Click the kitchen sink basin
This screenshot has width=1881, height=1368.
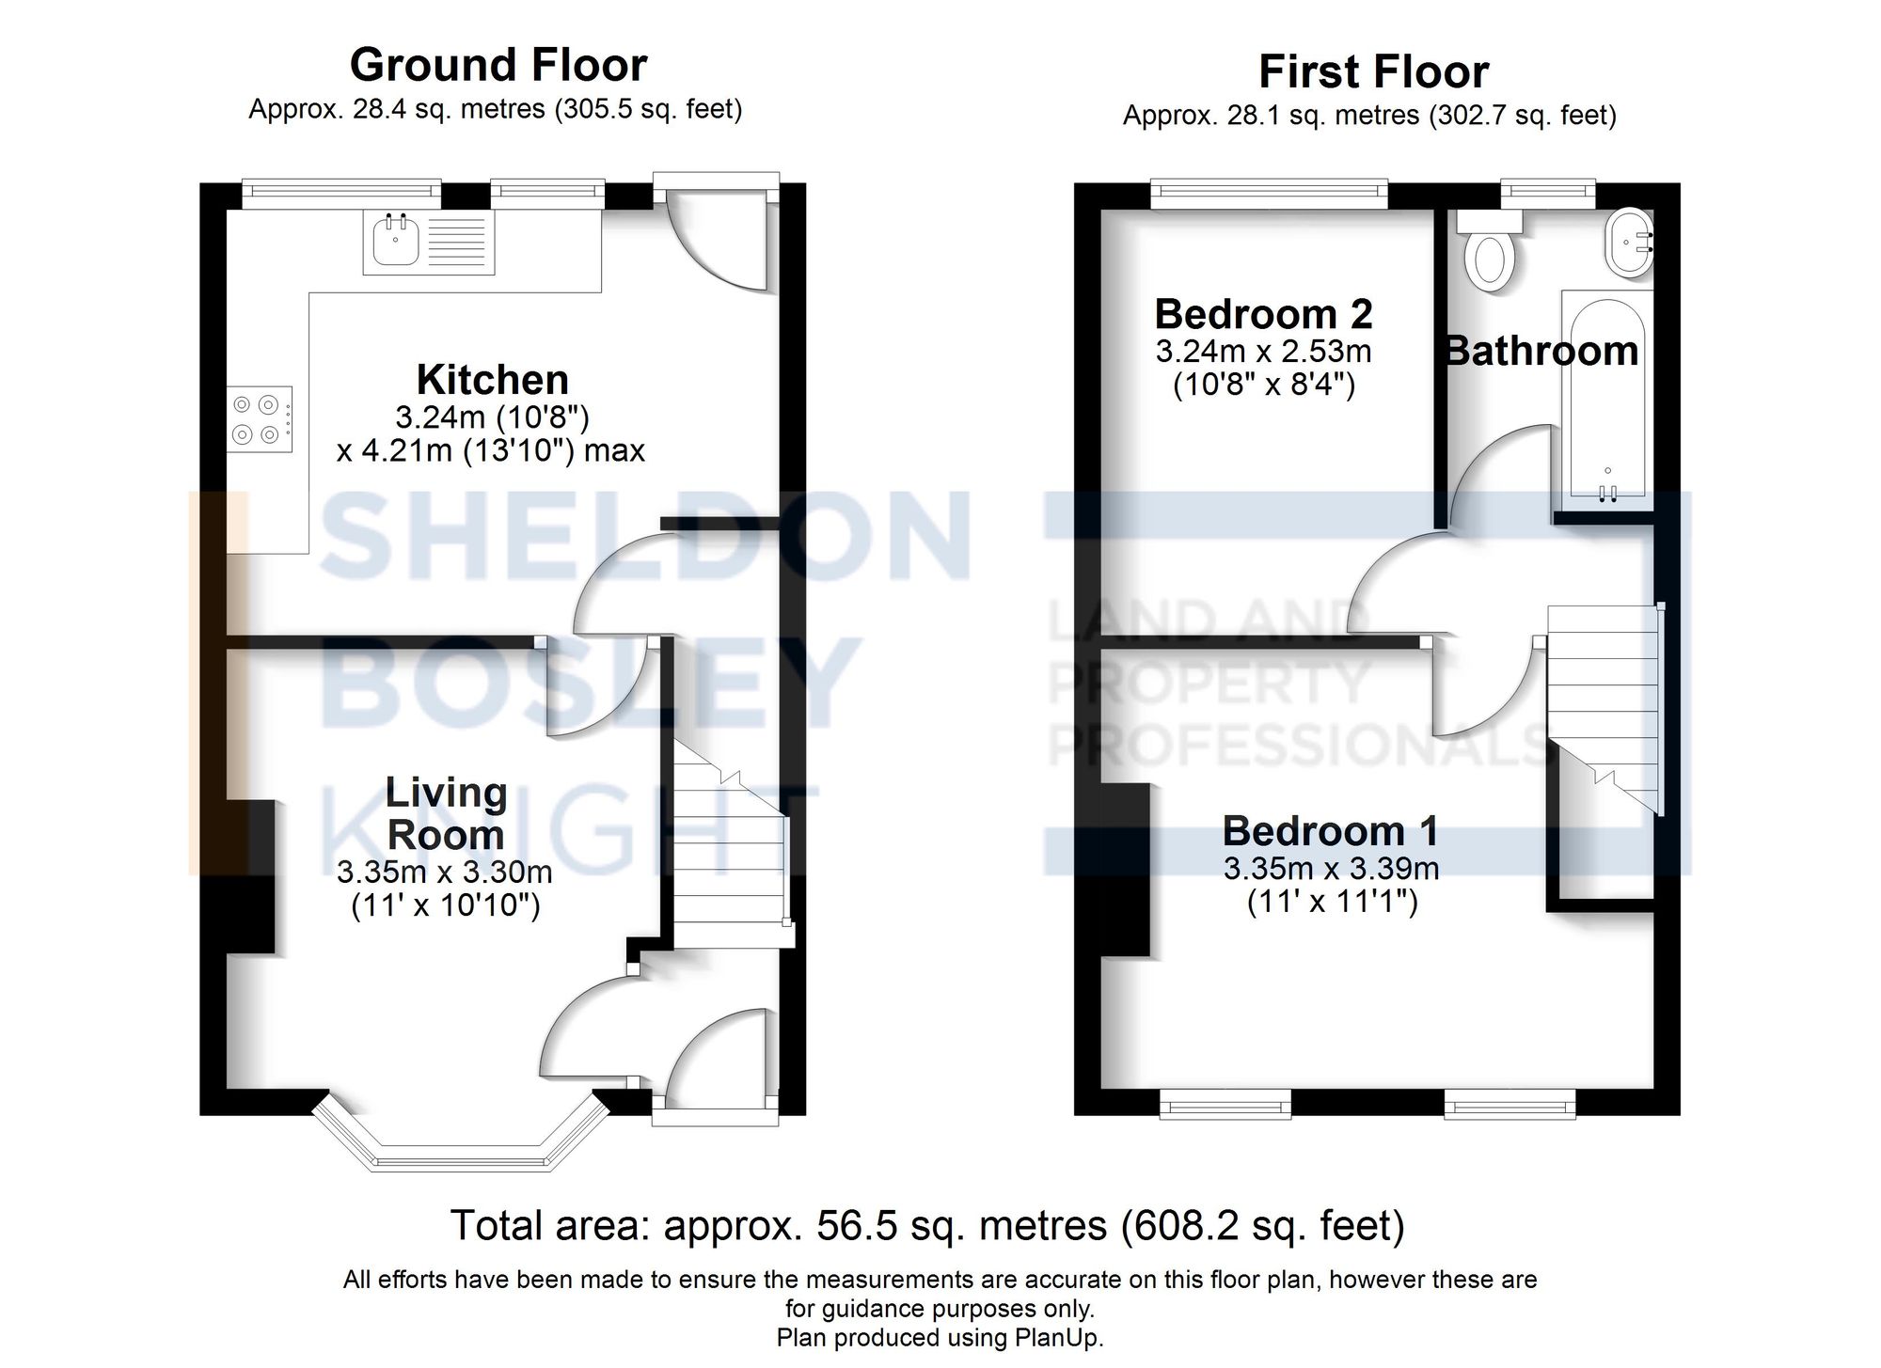[394, 240]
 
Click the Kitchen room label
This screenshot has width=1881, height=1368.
[492, 380]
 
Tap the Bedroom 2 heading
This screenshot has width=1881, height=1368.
[1263, 314]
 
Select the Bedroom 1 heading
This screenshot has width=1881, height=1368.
[1330, 830]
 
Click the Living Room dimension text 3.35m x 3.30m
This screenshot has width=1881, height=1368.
[444, 872]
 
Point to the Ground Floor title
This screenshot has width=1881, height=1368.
[498, 65]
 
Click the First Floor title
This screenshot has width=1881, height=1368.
[1373, 71]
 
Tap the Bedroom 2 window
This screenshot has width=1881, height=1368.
[1270, 195]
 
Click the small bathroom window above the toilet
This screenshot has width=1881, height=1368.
[1547, 194]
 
